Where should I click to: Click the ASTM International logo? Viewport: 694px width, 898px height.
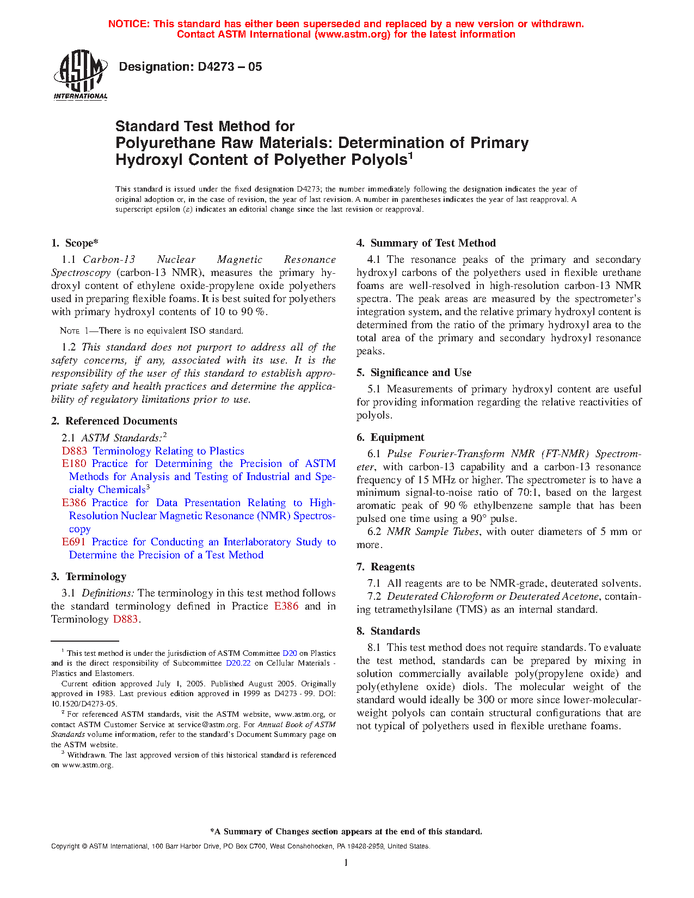(x=81, y=75)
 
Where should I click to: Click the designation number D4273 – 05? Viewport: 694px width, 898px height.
(x=190, y=67)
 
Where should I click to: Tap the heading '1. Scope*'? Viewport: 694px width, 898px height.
(x=75, y=243)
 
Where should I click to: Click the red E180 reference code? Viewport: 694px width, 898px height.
(x=74, y=464)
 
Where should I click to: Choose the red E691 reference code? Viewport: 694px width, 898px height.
(x=74, y=542)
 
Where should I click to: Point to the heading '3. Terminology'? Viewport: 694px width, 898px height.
(x=89, y=577)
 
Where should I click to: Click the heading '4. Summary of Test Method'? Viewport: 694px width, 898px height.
(x=426, y=243)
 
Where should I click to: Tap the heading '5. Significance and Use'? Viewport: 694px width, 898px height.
(x=414, y=373)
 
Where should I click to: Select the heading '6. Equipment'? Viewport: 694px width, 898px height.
(x=390, y=438)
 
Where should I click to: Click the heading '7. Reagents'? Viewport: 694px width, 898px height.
(x=385, y=567)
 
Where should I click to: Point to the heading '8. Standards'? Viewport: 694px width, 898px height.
(x=388, y=631)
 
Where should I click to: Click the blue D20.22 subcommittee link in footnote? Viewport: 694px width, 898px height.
(x=238, y=663)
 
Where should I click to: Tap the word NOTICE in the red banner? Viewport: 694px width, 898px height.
(x=128, y=24)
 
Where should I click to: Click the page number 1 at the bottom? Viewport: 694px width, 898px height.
(x=346, y=863)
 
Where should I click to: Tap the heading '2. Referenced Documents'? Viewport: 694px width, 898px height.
(x=114, y=421)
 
